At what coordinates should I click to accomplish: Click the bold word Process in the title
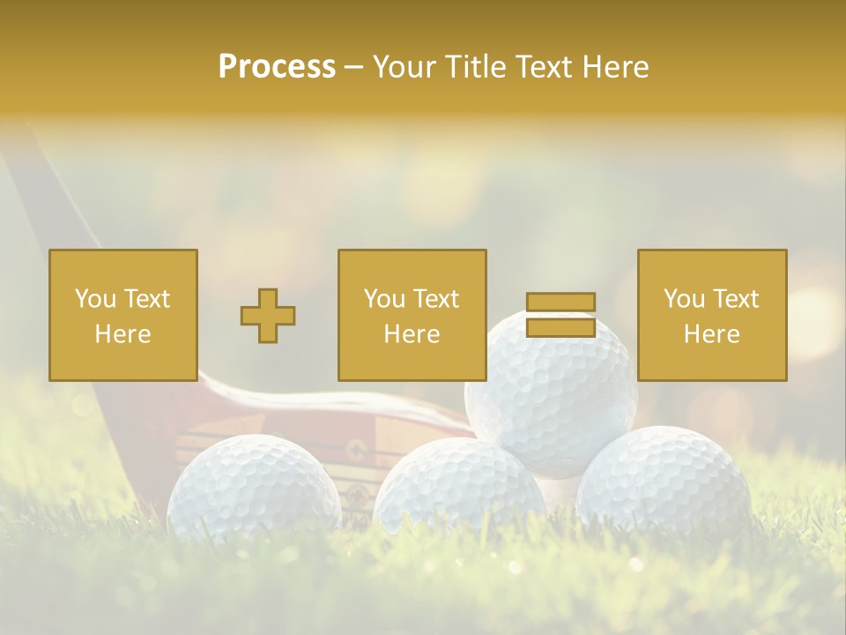tap(277, 67)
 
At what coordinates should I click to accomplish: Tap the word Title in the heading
tap(478, 67)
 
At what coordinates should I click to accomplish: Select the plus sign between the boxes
tap(268, 316)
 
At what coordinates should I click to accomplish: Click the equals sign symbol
tap(560, 315)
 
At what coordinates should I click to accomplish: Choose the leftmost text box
tap(123, 315)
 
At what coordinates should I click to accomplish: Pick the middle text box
tap(412, 315)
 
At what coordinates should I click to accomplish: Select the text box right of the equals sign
tap(712, 315)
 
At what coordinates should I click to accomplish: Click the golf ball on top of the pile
tap(551, 397)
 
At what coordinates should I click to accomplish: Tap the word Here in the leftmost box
tap(123, 334)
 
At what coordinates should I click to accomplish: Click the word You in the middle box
tap(384, 299)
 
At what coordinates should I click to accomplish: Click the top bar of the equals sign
tap(560, 302)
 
